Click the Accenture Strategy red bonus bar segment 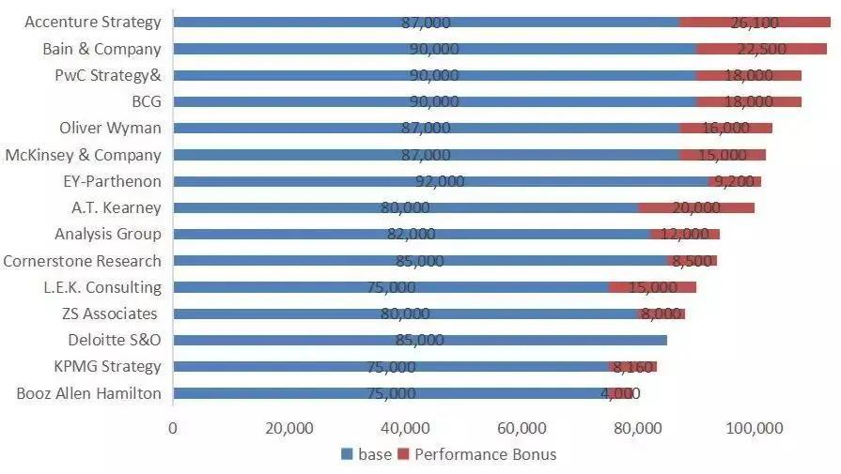pos(755,22)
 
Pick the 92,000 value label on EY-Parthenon pos(440,181)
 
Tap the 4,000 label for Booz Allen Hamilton pos(620,393)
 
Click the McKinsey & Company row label pos(83,155)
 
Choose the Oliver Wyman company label pos(110,128)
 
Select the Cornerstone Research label pos(82,261)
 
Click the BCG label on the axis pos(146,101)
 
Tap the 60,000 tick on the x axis pos(522,429)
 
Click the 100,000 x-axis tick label pos(755,429)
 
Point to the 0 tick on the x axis pos(173,429)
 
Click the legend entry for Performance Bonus pos(477,455)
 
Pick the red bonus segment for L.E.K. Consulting pos(652,287)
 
